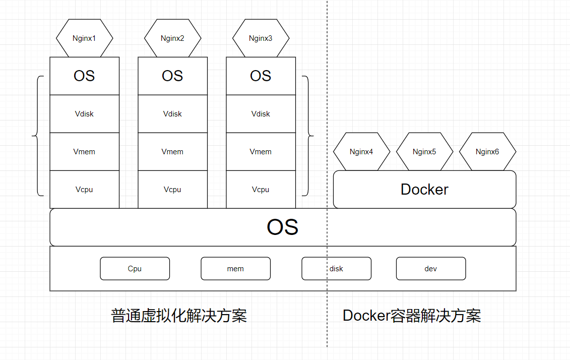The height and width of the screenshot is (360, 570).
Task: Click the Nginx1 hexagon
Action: [x=84, y=38]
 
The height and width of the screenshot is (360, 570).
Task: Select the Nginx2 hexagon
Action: [x=172, y=38]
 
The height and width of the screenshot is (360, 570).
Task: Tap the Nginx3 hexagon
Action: [x=261, y=38]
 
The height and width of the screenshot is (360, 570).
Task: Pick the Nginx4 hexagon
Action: [x=361, y=151]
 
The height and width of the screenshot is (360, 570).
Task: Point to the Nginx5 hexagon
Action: [x=424, y=151]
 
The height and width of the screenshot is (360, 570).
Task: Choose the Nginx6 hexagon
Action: [x=487, y=151]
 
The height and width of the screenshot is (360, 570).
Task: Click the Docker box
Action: [x=424, y=189]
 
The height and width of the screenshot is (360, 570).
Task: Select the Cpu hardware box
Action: [x=135, y=268]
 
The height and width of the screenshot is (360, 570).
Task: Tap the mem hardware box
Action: [x=235, y=268]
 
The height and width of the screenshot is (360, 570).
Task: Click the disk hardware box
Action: [x=336, y=268]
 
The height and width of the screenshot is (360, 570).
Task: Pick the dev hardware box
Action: [x=430, y=268]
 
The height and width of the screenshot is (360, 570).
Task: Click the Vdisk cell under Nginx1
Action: [x=84, y=113]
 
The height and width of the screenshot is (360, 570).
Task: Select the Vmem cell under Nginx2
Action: [x=172, y=151]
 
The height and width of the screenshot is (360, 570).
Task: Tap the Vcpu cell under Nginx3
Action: [x=261, y=189]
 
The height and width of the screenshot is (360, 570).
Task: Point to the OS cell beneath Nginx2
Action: [x=172, y=76]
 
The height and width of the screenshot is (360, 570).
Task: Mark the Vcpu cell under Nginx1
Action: [x=84, y=189]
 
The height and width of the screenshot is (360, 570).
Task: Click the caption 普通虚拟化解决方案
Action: [x=179, y=316]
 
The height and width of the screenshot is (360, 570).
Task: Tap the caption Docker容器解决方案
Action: [x=412, y=316]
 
